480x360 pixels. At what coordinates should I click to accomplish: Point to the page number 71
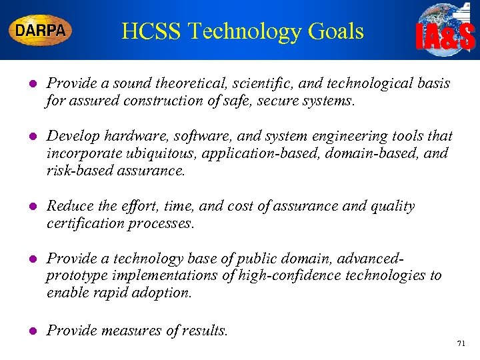click(x=460, y=344)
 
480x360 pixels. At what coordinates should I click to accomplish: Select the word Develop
click(x=71, y=137)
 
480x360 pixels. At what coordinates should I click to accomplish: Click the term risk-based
click(x=79, y=171)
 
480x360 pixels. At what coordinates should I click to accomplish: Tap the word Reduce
click(x=69, y=207)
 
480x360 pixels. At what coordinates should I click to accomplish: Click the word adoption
click(x=163, y=293)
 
